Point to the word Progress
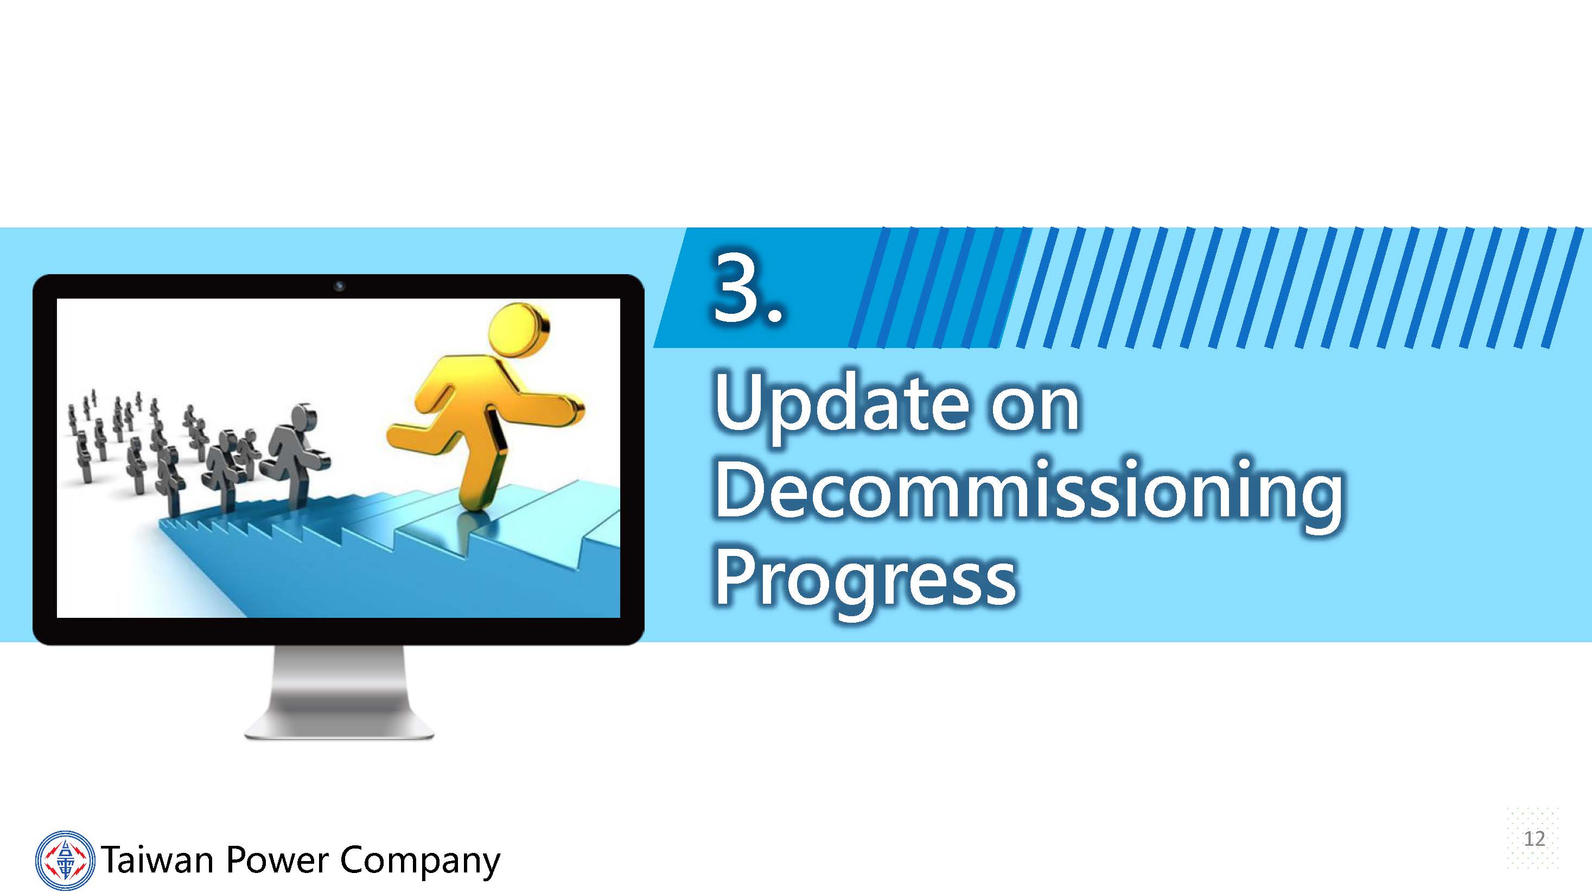(865, 581)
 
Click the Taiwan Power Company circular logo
(65, 860)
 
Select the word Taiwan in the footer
(157, 860)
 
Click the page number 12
(1534, 839)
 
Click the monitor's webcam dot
(339, 286)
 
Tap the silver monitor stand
(339, 692)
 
